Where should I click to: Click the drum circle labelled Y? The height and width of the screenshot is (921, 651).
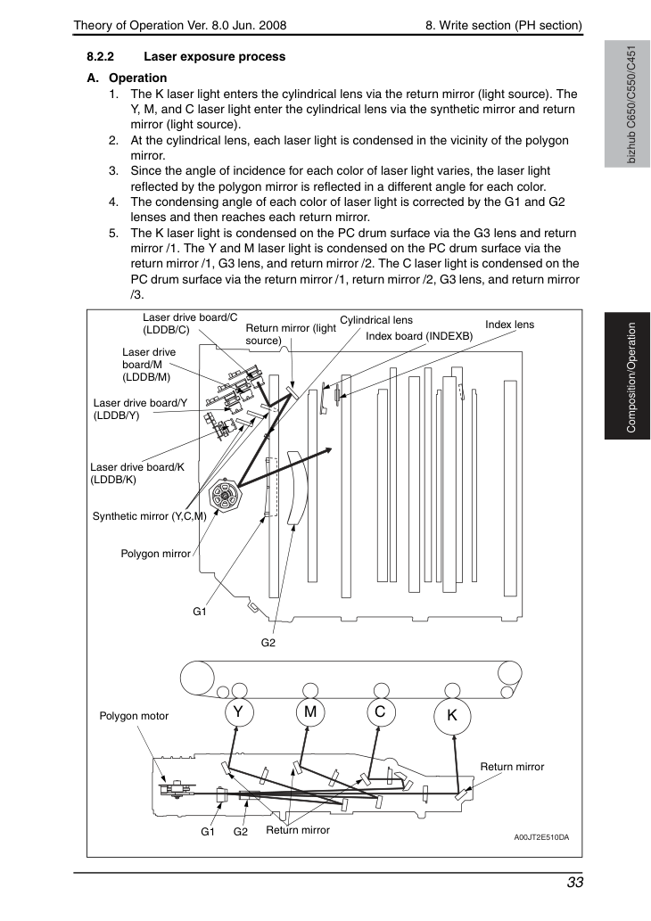[x=238, y=711]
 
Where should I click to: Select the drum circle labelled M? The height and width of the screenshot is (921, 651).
[x=310, y=711]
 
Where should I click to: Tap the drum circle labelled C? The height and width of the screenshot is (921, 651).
[x=380, y=711]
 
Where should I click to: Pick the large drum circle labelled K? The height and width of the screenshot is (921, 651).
[x=452, y=715]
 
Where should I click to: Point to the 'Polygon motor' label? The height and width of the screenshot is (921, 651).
[x=134, y=716]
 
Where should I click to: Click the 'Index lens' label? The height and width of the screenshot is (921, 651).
[x=509, y=325]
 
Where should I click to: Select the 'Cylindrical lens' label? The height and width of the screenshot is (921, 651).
[x=376, y=320]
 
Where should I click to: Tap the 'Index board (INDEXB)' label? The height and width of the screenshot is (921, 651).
[x=419, y=336]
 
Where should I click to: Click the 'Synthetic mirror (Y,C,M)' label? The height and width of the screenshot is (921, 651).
[x=149, y=516]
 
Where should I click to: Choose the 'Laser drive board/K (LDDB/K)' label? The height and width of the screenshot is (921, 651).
[x=137, y=473]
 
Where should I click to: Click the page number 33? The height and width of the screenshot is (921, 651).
[x=574, y=883]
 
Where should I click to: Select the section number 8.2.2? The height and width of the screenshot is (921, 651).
[x=101, y=57]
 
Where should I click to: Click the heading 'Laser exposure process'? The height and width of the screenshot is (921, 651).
[x=214, y=57]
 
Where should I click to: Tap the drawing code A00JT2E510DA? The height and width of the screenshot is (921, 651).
[x=541, y=837]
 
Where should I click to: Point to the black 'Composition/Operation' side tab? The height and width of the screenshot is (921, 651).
[x=628, y=376]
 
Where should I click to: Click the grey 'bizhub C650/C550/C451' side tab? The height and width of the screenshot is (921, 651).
[x=628, y=104]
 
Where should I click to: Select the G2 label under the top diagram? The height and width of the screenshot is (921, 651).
[x=268, y=643]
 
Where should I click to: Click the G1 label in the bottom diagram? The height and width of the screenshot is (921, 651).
[x=208, y=832]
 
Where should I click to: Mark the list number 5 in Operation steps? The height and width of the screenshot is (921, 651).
[x=113, y=234]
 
